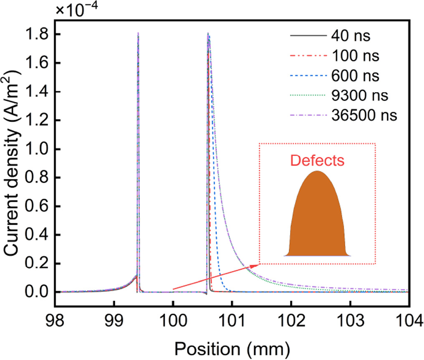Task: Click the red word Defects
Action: [318, 161]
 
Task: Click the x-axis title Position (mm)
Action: [232, 346]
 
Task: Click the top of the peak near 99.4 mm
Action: [138, 33]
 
